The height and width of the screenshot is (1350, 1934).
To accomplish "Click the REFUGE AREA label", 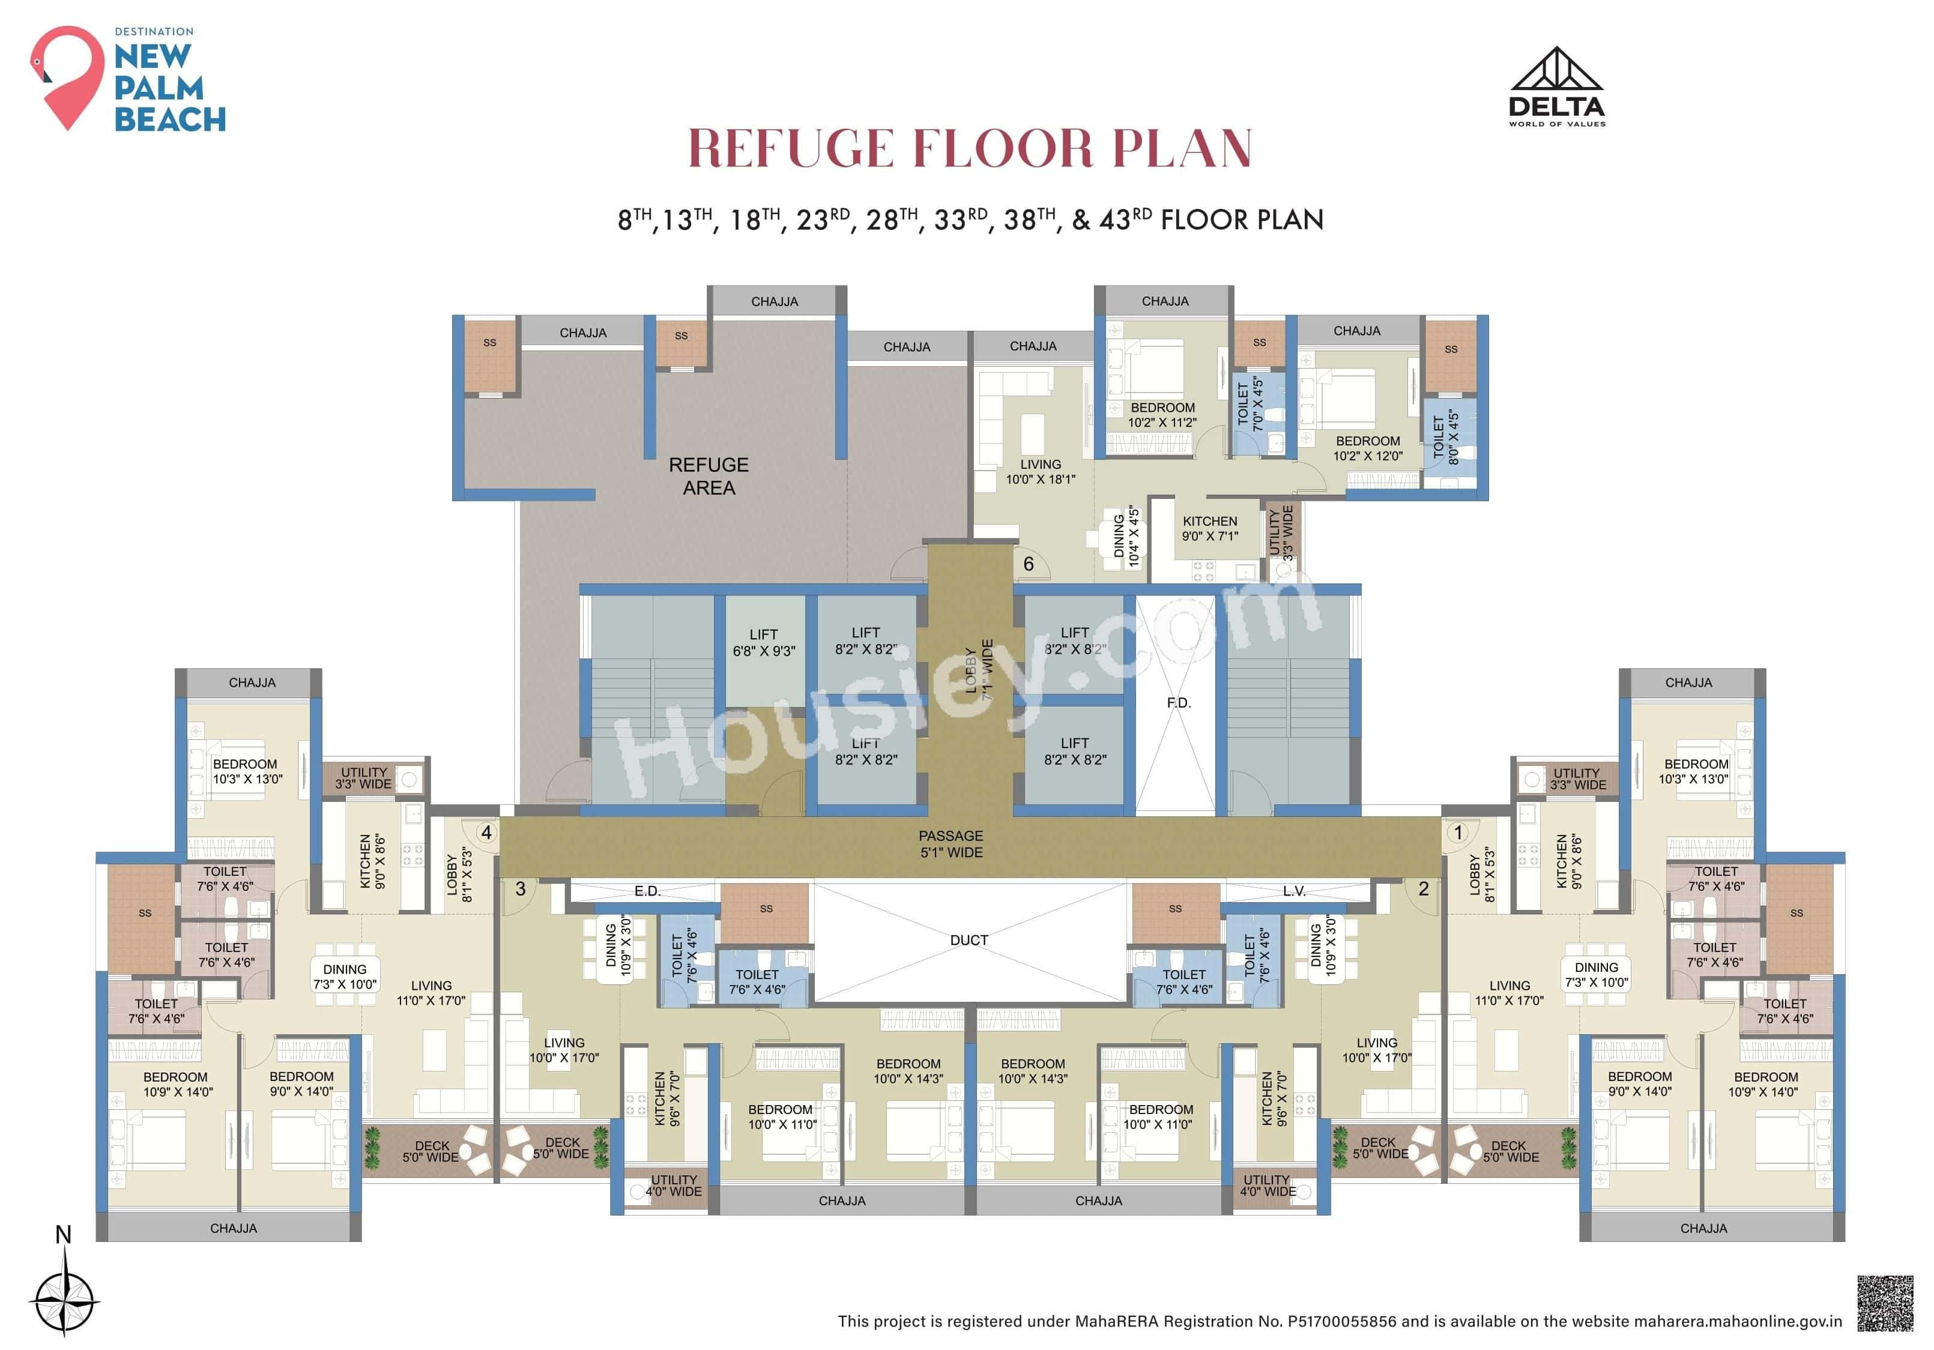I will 709,476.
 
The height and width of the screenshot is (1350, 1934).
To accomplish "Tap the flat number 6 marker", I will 1028,564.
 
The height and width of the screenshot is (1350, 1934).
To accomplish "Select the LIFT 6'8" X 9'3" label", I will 763,642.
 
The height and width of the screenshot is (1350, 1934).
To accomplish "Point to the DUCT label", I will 969,940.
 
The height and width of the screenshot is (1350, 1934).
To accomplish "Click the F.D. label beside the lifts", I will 1179,702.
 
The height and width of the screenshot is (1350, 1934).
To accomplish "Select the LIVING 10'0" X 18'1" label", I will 1041,472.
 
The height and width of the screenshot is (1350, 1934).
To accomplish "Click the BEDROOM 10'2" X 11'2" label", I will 1162,414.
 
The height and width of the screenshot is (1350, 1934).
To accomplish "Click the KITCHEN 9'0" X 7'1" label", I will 1210,528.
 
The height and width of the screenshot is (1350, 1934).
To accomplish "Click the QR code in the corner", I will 1885,1303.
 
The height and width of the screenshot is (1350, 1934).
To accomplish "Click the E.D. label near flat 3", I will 647,891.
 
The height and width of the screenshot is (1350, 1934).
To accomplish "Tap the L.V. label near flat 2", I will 1294,891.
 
